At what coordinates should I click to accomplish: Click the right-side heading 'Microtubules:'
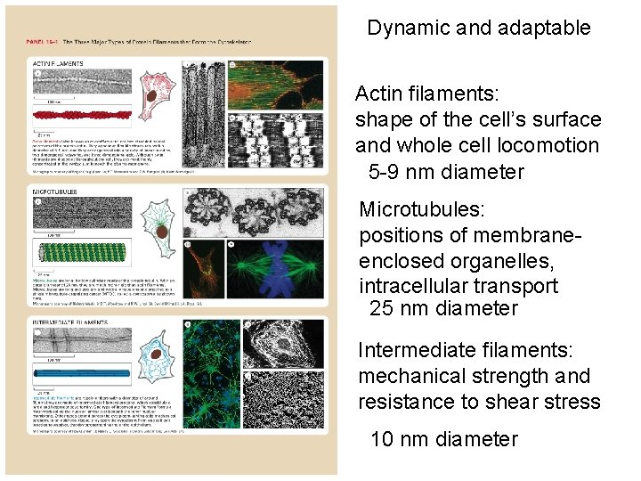click(x=421, y=209)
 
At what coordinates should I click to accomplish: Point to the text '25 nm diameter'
click(x=442, y=309)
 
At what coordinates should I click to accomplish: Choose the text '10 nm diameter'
click(x=442, y=439)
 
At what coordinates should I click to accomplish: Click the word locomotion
click(x=548, y=145)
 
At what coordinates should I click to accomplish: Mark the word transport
click(x=515, y=286)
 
